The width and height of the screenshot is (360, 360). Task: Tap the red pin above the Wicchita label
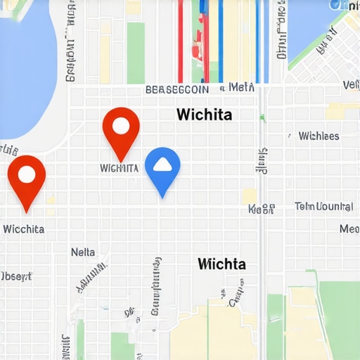(x=27, y=176)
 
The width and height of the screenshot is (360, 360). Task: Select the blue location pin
(x=162, y=169)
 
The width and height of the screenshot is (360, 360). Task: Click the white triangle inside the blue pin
(x=162, y=165)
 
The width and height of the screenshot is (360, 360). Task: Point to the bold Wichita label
(x=205, y=114)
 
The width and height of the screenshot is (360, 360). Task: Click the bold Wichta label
(x=221, y=264)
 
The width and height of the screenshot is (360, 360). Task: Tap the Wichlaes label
(x=319, y=136)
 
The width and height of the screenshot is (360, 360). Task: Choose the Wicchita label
(x=24, y=229)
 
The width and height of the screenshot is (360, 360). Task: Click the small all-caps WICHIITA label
(x=119, y=169)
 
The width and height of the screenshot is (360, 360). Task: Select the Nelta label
(x=83, y=252)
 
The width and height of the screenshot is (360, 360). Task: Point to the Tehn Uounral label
(x=323, y=207)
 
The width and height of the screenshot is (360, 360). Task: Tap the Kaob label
(x=261, y=209)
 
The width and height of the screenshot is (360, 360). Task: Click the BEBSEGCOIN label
(x=176, y=90)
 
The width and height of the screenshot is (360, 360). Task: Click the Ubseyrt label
(x=15, y=276)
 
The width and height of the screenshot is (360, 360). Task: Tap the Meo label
(x=349, y=229)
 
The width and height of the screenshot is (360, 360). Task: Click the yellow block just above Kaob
(x=249, y=195)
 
